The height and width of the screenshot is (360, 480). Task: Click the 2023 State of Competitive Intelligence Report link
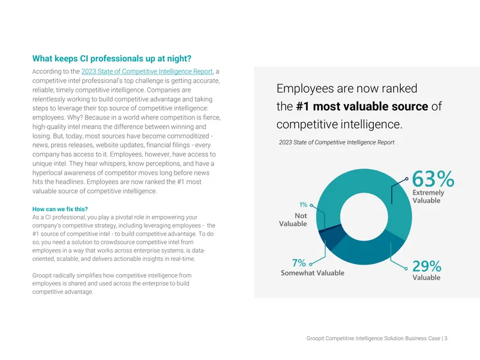pyautogui.click(x=147, y=71)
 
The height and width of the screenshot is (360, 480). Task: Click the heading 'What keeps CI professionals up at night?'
pyautogui.click(x=112, y=58)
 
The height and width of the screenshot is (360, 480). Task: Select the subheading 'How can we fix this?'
pyautogui.click(x=60, y=209)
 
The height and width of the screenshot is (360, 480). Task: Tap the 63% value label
pyautogui.click(x=433, y=179)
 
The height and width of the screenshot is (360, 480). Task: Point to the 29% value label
pyautogui.click(x=427, y=266)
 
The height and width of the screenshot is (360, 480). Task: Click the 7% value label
pyautogui.click(x=299, y=263)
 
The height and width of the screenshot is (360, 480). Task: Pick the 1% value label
pyautogui.click(x=303, y=205)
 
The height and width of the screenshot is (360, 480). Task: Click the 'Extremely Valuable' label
pyautogui.click(x=428, y=197)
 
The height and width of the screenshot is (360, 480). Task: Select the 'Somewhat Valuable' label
pyautogui.click(x=313, y=273)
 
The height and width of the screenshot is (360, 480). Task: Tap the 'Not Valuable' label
pyautogui.click(x=293, y=220)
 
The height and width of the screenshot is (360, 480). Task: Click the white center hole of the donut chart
pyautogui.click(x=364, y=217)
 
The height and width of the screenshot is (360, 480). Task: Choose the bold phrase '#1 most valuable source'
pyautogui.click(x=362, y=106)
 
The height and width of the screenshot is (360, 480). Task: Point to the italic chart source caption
pyautogui.click(x=337, y=142)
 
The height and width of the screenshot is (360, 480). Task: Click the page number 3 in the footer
pyautogui.click(x=446, y=338)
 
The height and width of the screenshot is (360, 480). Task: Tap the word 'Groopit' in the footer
pyautogui.click(x=315, y=338)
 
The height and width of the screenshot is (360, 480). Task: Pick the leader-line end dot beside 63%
pyautogui.click(x=407, y=178)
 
